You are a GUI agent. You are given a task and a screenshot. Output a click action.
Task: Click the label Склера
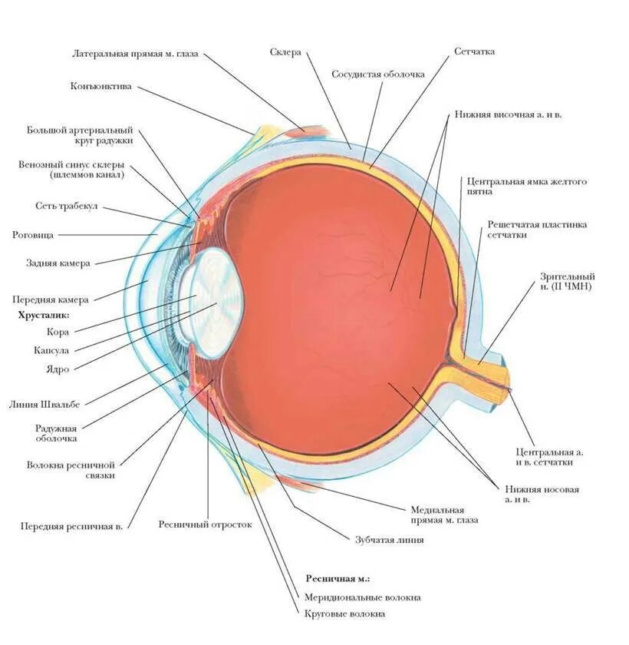coord(285,52)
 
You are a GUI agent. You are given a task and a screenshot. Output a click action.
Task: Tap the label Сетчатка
coord(474,51)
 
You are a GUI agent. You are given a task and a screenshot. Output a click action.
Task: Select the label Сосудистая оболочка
coord(378,74)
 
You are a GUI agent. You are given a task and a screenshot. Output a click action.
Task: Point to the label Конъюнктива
coord(100,87)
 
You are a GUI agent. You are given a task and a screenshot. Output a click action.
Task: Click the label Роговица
coord(31,234)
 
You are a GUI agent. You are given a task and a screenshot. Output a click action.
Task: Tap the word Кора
coord(58,332)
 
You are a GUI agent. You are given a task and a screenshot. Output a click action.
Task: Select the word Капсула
coord(51,350)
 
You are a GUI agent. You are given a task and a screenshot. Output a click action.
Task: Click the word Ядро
coord(58,369)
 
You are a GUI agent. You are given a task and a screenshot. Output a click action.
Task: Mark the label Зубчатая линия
coord(389,540)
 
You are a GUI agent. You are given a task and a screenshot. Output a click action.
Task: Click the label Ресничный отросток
coord(205,524)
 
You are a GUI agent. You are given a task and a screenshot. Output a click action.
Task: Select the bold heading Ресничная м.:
coord(332,578)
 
